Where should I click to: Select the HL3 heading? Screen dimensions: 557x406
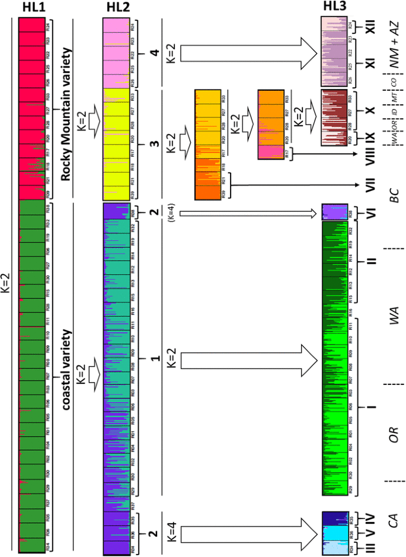[335, 8]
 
